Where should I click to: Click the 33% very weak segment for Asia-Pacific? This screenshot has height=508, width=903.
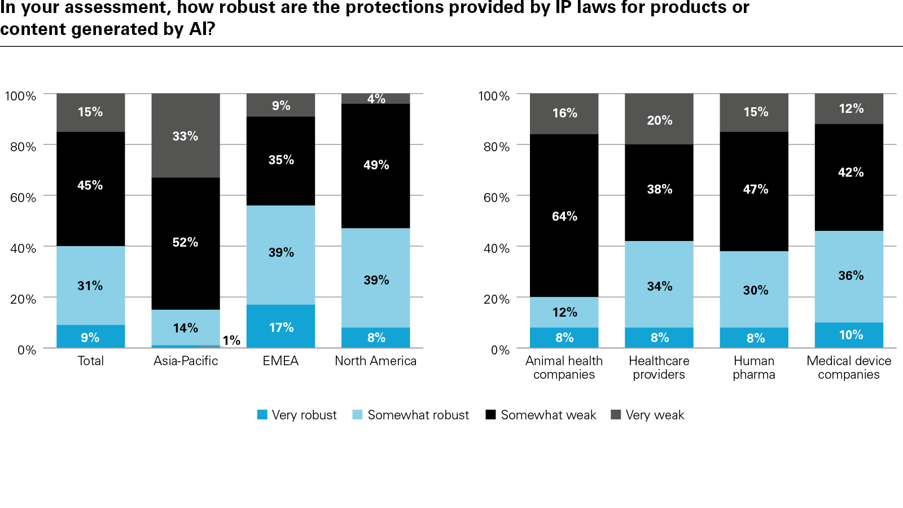pyautogui.click(x=185, y=135)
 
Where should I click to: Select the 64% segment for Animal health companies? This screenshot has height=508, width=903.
pyautogui.click(x=564, y=216)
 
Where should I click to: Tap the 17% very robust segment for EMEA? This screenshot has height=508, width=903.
pyautogui.click(x=280, y=326)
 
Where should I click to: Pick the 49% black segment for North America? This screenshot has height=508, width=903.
pyautogui.click(x=375, y=165)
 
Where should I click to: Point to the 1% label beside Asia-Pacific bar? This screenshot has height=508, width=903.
pyautogui.click(x=231, y=340)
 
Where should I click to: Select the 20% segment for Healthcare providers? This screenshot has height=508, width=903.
pyautogui.click(x=659, y=119)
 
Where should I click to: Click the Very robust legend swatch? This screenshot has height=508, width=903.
pyautogui.click(x=262, y=415)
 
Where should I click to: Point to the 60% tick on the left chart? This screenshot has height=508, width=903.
pyautogui.click(x=23, y=198)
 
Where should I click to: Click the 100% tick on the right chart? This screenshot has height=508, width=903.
pyautogui.click(x=494, y=96)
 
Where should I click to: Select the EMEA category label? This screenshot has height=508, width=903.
pyautogui.click(x=280, y=361)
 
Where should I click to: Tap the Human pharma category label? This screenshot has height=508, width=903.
pyautogui.click(x=754, y=367)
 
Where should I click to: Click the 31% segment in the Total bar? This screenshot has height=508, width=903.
pyautogui.click(x=90, y=286)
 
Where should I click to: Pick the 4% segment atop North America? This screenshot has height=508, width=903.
pyautogui.click(x=375, y=99)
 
